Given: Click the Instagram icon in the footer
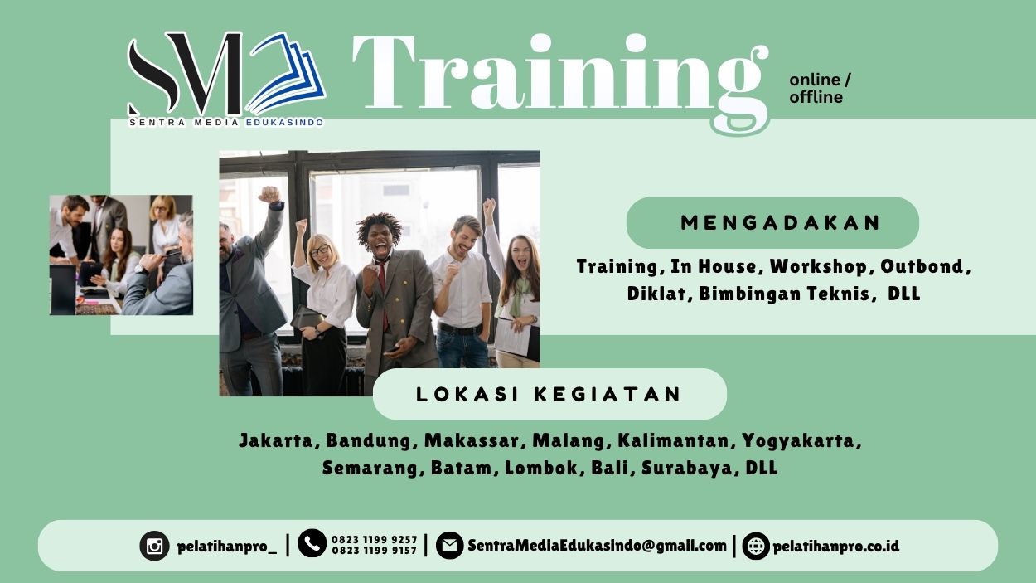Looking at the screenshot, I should tap(154, 546).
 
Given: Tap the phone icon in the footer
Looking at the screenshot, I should tap(312, 543).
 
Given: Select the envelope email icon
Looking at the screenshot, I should tap(449, 546).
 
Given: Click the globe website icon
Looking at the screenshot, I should tap(755, 546).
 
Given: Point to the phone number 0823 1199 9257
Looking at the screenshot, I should tap(374, 539).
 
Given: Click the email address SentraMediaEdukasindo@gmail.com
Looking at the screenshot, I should tap(597, 546).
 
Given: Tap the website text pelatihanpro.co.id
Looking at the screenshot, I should tap(835, 546).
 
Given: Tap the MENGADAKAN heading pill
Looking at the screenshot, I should tap(772, 223).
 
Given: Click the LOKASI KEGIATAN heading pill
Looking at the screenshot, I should tap(549, 394).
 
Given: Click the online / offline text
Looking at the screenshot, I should tap(819, 88).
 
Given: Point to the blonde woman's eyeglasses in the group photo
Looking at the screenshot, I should tap(319, 250).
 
